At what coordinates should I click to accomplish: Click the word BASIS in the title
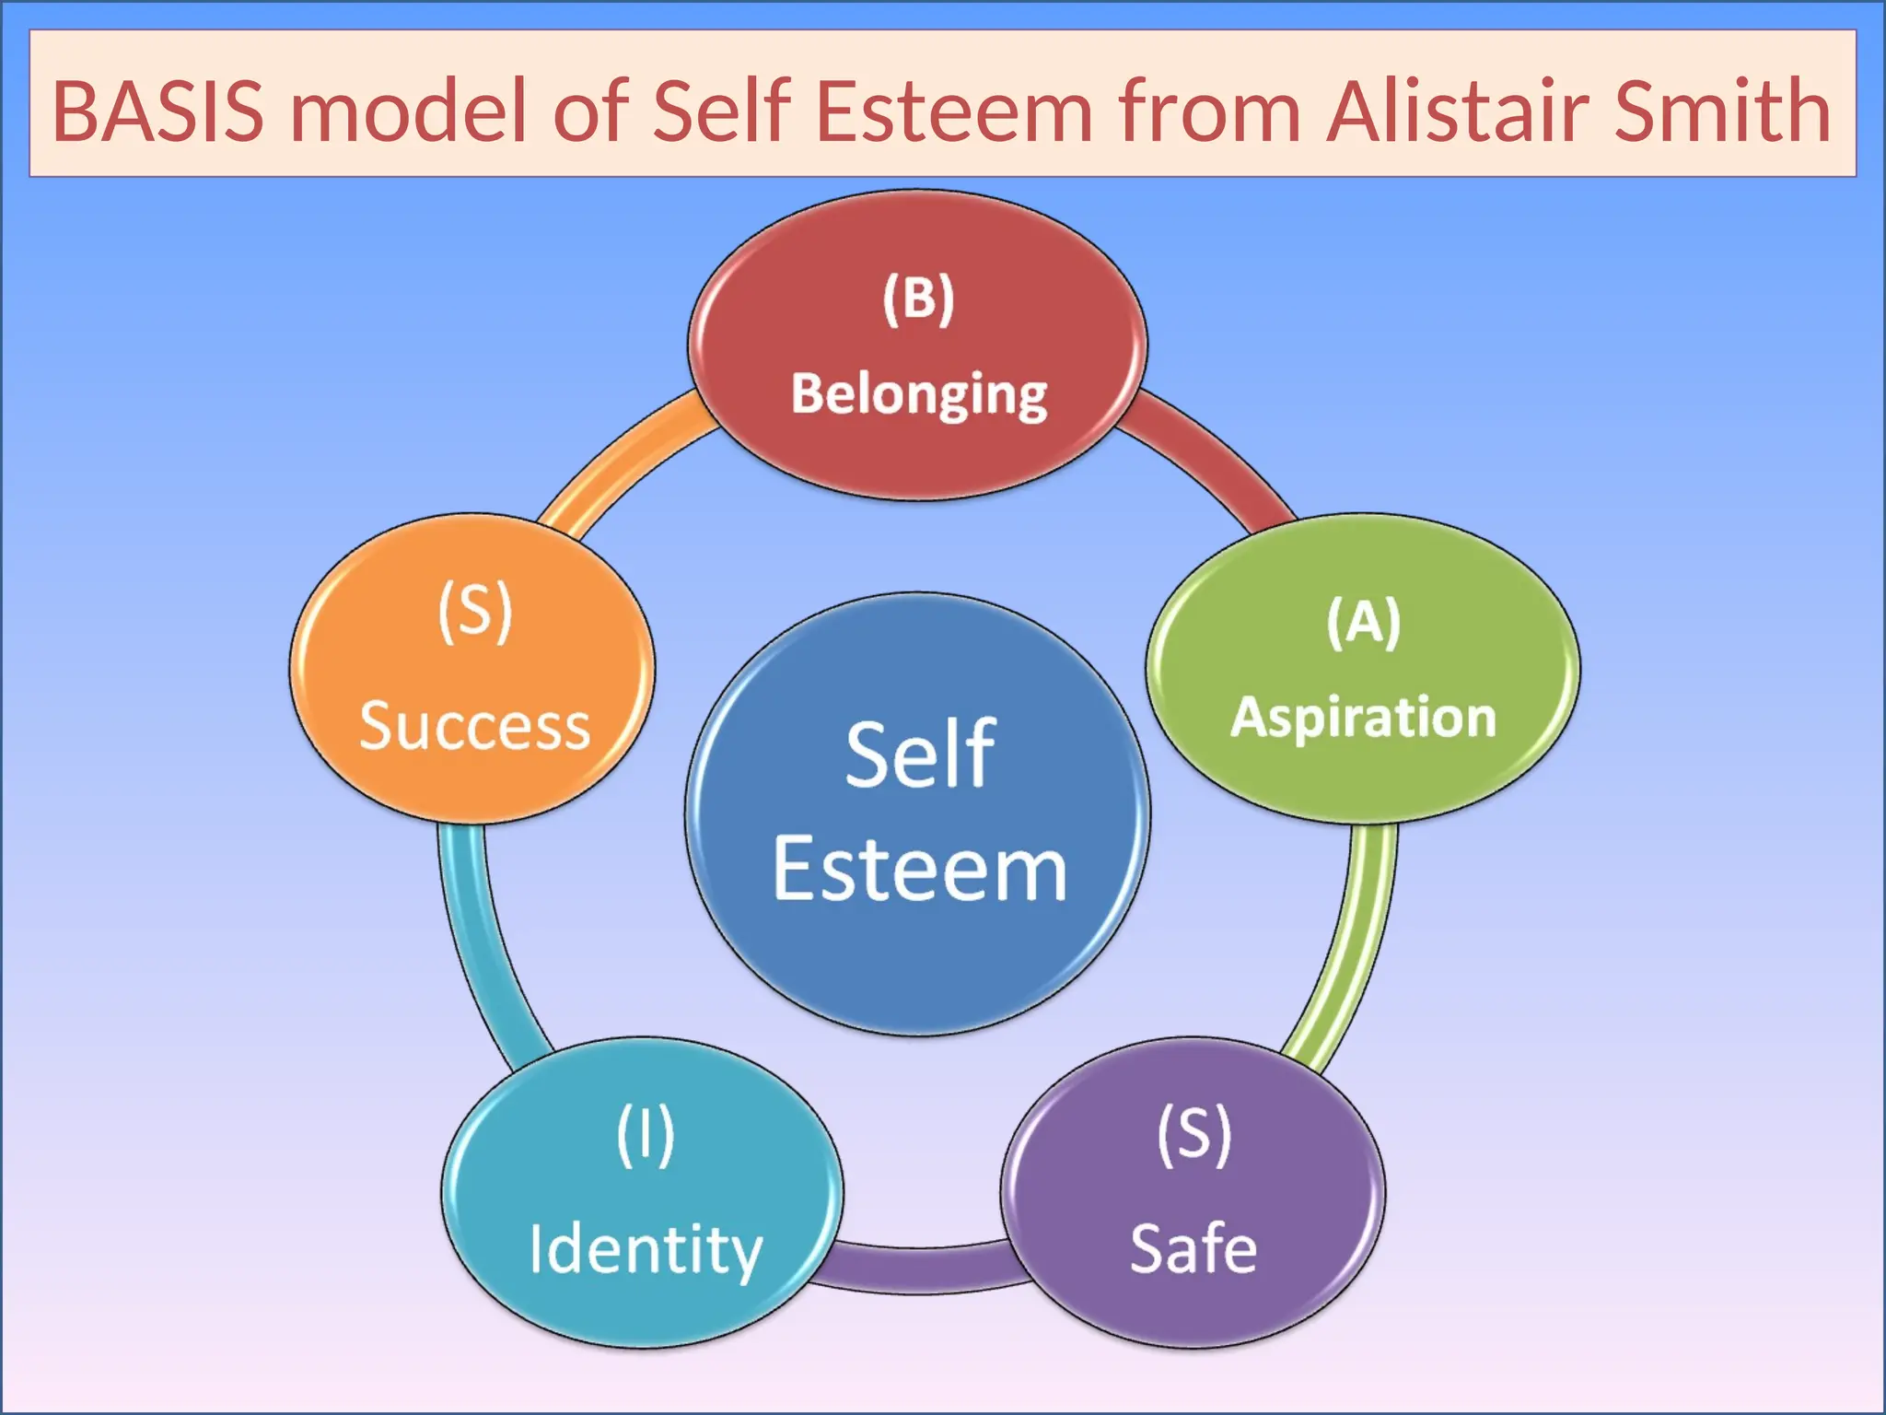pos(157,111)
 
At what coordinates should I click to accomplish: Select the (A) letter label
pos(1363,623)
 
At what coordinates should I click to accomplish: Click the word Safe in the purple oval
pos(1193,1249)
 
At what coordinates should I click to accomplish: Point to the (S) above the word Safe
pos(1193,1135)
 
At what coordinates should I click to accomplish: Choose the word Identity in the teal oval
pos(646,1250)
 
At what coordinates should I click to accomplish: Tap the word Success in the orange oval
pos(474,726)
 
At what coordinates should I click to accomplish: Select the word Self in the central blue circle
pos(919,755)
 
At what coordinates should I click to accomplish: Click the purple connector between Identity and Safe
pos(921,1269)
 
